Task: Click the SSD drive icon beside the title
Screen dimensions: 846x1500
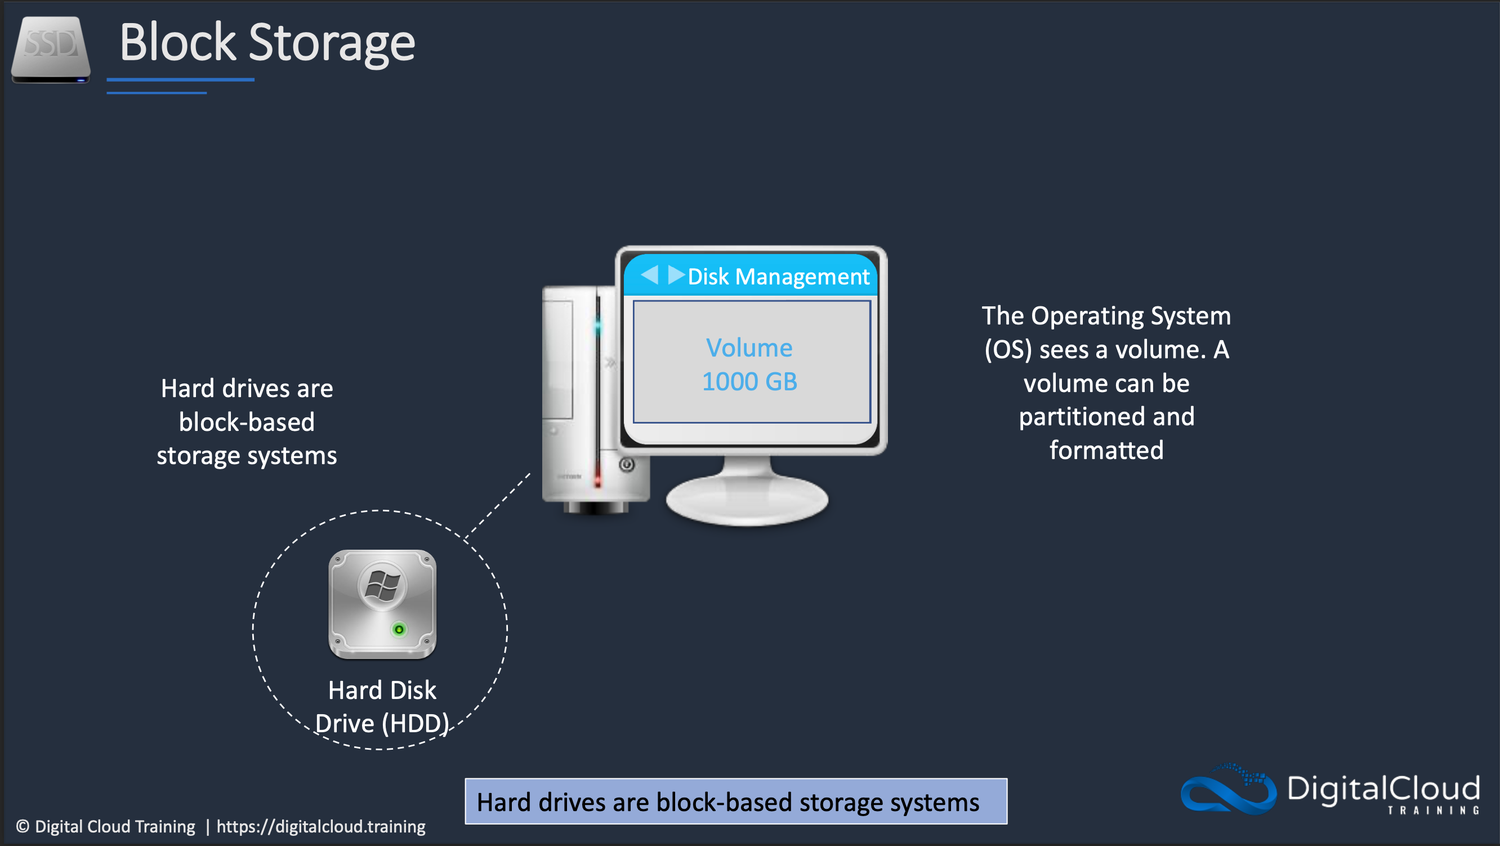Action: [x=51, y=50]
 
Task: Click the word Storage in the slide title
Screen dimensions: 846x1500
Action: [x=331, y=43]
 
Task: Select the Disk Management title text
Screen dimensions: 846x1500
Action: [x=778, y=277]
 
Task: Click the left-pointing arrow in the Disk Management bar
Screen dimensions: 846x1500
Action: [x=649, y=274]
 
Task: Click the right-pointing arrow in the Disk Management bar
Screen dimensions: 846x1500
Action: [x=676, y=274]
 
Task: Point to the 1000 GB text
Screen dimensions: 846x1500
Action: [x=749, y=382]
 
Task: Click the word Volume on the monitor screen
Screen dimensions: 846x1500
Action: [x=749, y=348]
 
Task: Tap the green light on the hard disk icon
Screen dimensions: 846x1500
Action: [x=399, y=629]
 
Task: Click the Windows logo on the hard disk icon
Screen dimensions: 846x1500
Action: [x=382, y=586]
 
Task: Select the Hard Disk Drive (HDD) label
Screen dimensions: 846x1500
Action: [x=382, y=707]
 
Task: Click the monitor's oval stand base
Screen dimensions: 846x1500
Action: [x=747, y=501]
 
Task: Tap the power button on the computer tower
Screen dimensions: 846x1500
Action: [x=627, y=465]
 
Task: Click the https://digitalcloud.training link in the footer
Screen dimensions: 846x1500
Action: [x=321, y=826]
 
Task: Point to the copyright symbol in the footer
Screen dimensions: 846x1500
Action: [x=23, y=826]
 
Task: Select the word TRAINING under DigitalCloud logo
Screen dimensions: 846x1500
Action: [x=1433, y=811]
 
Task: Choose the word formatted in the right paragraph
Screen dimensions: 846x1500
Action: [x=1106, y=451]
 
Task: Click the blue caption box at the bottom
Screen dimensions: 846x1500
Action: [x=735, y=801]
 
